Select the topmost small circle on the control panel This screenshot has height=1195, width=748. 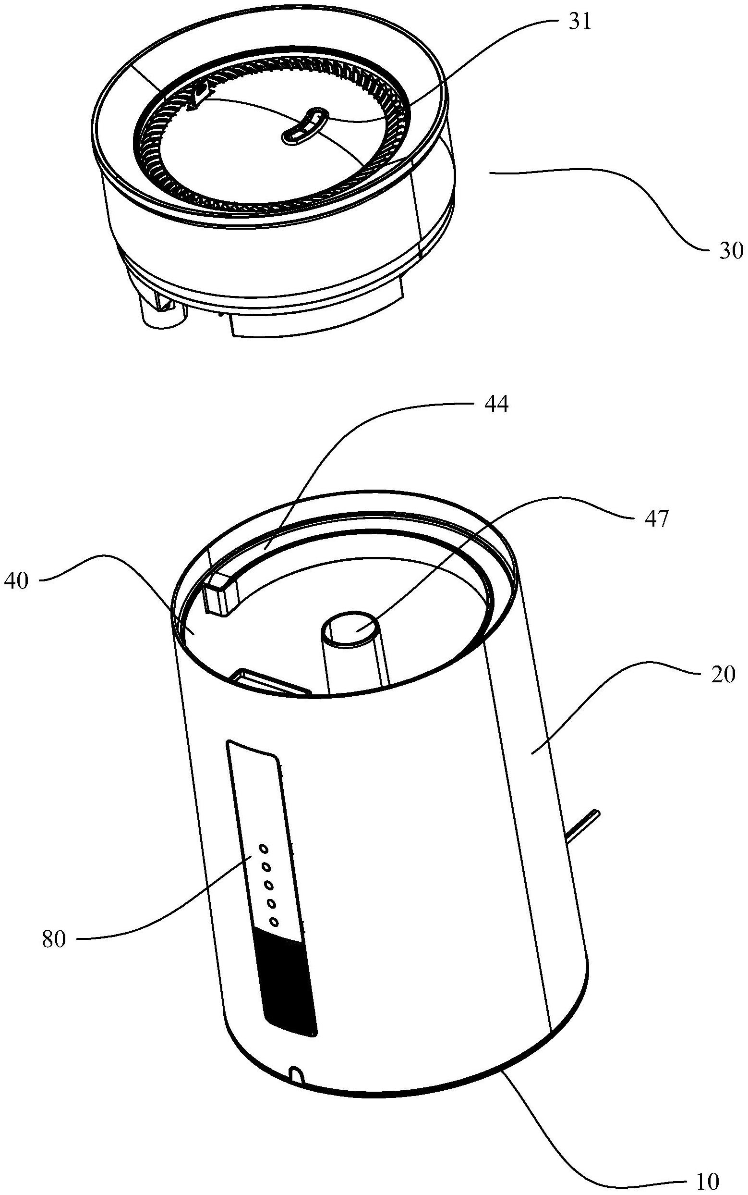(x=264, y=849)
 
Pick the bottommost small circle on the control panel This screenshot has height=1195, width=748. (x=273, y=921)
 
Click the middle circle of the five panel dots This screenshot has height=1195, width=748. (x=269, y=885)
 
